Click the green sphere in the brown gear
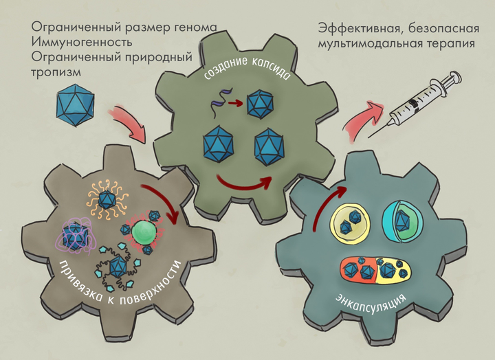coord(145,230)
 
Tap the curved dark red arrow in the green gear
coord(243,183)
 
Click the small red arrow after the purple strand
coord(235,104)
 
